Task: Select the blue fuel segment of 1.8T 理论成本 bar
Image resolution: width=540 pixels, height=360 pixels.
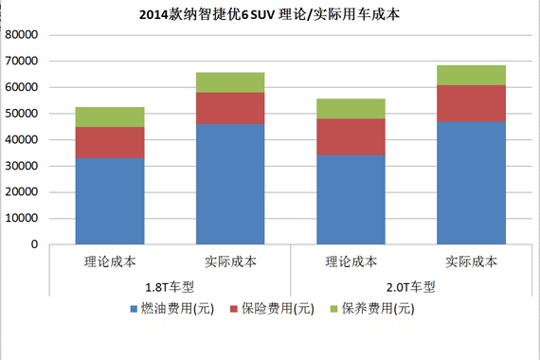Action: click(x=110, y=201)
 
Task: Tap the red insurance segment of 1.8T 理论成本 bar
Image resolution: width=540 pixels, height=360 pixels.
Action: click(x=110, y=142)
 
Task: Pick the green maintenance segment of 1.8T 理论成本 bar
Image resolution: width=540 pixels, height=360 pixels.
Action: click(x=110, y=117)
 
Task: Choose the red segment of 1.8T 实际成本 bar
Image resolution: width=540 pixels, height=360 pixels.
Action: click(x=230, y=108)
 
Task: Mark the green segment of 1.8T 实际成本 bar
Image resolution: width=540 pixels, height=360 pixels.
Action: click(x=230, y=82)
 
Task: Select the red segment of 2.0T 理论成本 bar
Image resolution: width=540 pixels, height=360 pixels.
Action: click(x=351, y=136)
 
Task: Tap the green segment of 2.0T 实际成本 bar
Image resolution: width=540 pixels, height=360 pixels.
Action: click(x=471, y=75)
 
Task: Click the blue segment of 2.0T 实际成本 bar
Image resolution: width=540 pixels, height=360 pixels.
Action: click(x=471, y=182)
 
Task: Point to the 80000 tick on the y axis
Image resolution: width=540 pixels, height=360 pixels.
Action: click(x=21, y=35)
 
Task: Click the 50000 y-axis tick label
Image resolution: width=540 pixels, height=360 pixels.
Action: click(x=21, y=114)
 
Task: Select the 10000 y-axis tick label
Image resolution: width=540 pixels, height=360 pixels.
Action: click(x=21, y=218)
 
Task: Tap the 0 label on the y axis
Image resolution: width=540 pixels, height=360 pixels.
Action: click(x=33, y=244)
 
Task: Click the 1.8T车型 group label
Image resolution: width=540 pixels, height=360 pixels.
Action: click(x=171, y=286)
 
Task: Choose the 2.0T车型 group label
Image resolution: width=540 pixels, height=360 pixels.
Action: click(x=411, y=286)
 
